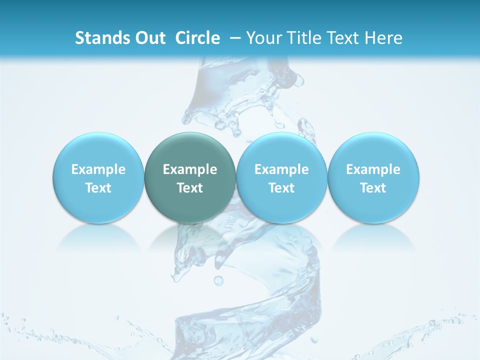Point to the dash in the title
pos(235,38)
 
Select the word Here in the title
pos(383,38)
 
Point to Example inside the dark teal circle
pos(189,169)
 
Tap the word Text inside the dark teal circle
pos(189,188)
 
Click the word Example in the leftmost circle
pos(98,169)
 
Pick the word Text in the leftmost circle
pos(98,188)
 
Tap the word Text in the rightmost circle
pos(373,188)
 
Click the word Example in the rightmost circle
pos(373,169)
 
